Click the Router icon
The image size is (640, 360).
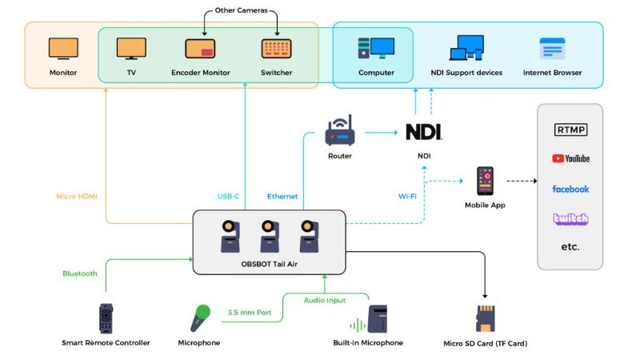pos(339,131)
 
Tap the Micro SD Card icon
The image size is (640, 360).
pos(486,318)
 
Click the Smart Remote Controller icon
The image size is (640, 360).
pos(106,318)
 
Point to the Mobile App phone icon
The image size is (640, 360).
pos(485,182)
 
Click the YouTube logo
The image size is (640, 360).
pos(570,158)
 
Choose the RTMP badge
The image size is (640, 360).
pos(570,130)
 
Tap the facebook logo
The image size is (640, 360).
pos(570,189)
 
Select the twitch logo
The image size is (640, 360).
pos(570,218)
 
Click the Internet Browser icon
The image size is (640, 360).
pos(552,49)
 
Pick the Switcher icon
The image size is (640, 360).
pos(276,48)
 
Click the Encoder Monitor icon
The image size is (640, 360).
pos(200,48)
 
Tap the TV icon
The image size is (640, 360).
pos(131,48)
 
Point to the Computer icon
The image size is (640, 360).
pos(376,48)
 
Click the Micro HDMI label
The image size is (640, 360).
pos(77,196)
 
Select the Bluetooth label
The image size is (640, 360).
pos(80,274)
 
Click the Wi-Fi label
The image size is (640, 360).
pos(407,196)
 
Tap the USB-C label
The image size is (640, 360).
pos(229,196)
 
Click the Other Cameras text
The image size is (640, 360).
pos(241,11)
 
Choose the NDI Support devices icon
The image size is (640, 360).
pos(466,48)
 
